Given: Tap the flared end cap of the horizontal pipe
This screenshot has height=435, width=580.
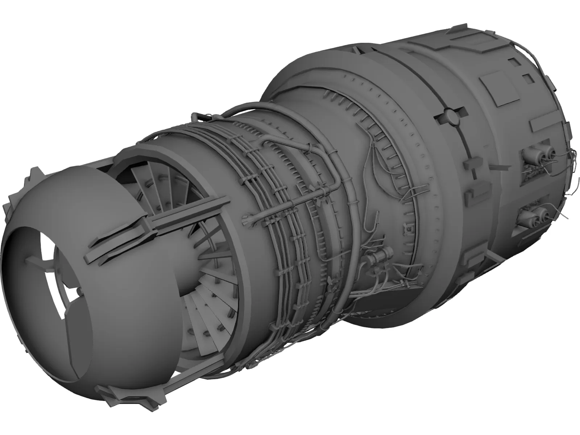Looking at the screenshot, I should coord(247,219).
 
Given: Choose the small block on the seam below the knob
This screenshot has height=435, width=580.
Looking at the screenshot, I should coord(472,165).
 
